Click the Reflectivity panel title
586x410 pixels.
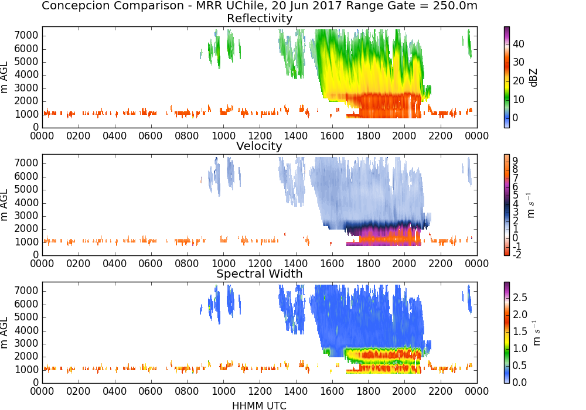click(260, 18)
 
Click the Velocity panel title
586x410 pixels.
click(259, 146)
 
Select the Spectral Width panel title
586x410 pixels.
click(260, 274)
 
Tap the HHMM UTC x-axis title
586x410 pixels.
click(260, 405)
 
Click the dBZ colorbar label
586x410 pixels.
click(533, 78)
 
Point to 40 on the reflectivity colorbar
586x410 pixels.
click(519, 44)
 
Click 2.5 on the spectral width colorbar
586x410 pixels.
click(520, 297)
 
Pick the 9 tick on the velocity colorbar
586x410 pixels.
click(515, 160)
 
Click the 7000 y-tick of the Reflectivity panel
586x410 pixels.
click(26, 36)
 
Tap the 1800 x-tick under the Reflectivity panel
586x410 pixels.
click(368, 135)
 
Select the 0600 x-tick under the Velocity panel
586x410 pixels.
click(151, 263)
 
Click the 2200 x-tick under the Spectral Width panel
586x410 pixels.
click(440, 391)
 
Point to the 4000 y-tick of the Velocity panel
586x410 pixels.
click(26, 203)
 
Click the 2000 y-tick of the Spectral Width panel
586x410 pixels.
click(26, 357)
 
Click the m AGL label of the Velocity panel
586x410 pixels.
click(4, 205)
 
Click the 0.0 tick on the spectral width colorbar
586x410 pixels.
click(520, 382)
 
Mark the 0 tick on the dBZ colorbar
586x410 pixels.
click(515, 118)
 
